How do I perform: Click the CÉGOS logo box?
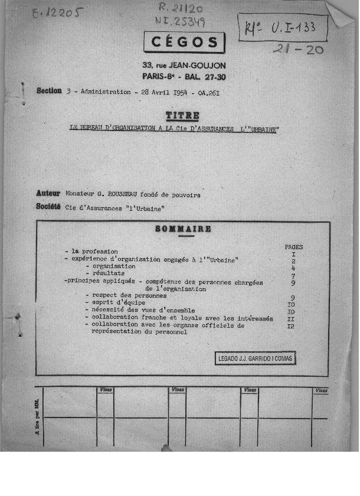[184, 43]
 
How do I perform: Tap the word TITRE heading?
[182, 116]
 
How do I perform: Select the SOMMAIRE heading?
[182, 229]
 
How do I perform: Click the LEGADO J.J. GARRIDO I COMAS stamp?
[255, 358]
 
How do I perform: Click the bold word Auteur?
[48, 193]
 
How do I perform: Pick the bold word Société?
[48, 207]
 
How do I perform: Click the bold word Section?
[49, 91]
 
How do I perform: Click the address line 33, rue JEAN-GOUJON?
[184, 66]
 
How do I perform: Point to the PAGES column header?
[293, 247]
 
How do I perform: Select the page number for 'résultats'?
[293, 275]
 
